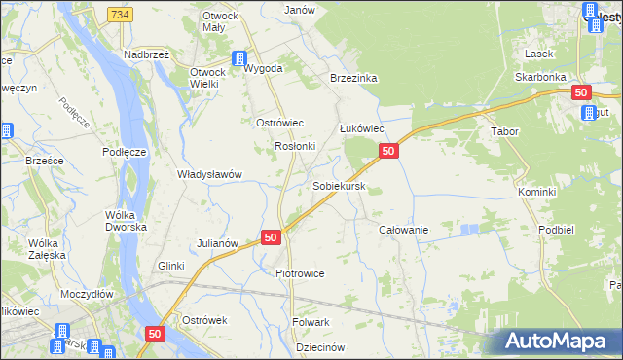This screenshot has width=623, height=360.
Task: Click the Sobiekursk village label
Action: click(339, 185)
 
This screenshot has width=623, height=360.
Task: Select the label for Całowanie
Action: click(403, 229)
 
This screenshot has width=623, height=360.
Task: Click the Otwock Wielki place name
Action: click(206, 78)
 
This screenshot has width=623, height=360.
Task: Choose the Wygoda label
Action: click(263, 69)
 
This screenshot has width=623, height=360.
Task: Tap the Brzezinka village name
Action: click(352, 79)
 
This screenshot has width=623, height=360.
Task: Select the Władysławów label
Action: click(208, 174)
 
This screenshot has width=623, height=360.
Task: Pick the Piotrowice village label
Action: click(300, 273)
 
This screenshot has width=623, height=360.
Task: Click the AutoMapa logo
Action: click(559, 342)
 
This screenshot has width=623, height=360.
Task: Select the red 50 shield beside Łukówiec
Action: click(387, 151)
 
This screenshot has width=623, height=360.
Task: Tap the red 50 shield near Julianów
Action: click(271, 237)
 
